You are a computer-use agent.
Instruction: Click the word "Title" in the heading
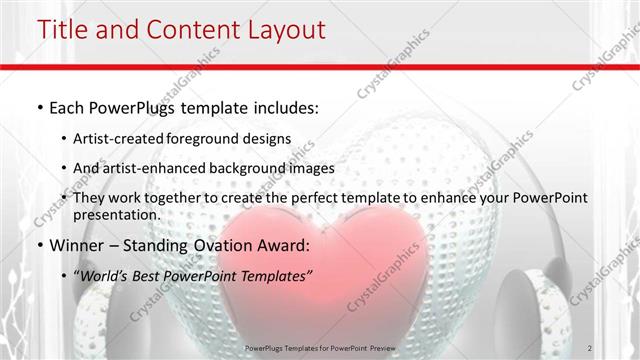click(62, 30)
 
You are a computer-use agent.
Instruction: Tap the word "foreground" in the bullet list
click(204, 138)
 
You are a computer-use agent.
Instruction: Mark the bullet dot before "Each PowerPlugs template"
click(38, 106)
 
